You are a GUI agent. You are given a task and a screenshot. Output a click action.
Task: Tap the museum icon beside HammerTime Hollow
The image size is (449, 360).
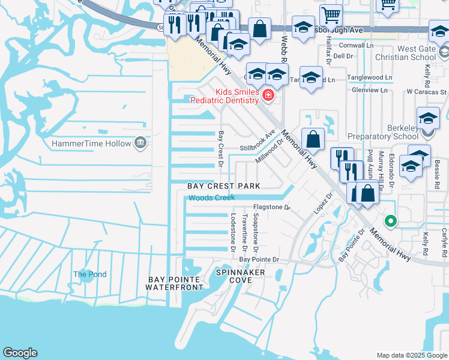140,143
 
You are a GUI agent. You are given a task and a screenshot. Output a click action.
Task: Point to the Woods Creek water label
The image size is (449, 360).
212,197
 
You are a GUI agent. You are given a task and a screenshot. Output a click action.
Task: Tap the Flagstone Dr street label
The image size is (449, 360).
270,208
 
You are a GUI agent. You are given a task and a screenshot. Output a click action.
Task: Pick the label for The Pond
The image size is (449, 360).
89,274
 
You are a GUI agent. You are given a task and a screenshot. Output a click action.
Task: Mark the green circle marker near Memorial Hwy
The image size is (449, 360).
391,221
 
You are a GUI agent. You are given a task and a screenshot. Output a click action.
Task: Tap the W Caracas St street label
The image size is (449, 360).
426,92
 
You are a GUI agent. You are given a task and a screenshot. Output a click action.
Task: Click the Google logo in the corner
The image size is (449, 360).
20,353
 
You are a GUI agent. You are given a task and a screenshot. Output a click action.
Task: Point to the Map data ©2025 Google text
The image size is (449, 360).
411,355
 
